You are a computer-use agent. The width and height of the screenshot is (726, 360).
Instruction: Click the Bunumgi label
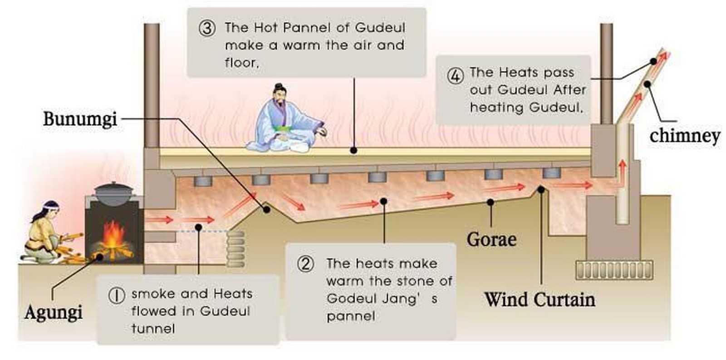80,119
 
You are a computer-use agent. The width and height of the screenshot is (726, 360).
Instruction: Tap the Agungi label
54,312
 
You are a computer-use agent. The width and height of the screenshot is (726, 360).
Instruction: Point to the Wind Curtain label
540,299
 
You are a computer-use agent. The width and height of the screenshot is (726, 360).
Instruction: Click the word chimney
685,136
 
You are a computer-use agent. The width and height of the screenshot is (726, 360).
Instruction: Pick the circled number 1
116,296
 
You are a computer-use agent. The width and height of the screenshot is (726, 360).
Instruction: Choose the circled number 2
306,264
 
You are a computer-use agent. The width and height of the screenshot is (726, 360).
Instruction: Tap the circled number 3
207,28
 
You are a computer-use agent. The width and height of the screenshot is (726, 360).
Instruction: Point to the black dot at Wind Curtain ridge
540,189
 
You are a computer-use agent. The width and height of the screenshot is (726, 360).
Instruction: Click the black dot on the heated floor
354,150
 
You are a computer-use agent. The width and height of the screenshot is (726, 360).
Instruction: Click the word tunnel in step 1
153,329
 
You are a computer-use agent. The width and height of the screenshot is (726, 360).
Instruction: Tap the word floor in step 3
241,63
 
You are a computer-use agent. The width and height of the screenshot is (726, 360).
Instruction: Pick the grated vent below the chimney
614,270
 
